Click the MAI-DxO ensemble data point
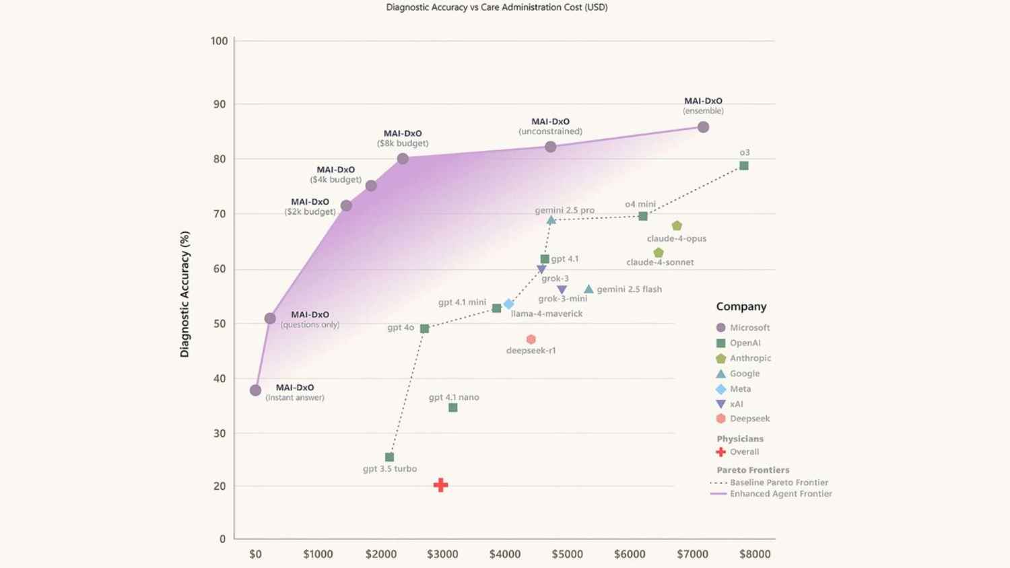[x=703, y=127]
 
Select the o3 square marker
[x=744, y=166]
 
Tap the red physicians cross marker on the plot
[x=440, y=485]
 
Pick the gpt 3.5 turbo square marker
[x=389, y=457]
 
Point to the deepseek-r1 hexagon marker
[x=531, y=339]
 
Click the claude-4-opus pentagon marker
[x=677, y=225]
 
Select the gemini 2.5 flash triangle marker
[x=588, y=289]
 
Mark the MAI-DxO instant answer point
[x=255, y=390]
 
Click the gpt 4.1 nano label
[x=454, y=397]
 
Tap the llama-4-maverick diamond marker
[x=509, y=304]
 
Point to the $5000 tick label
[x=567, y=554]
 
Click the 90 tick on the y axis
[x=219, y=104]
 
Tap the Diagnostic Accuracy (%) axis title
[x=184, y=294]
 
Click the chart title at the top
[x=496, y=7]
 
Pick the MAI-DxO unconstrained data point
[x=550, y=147]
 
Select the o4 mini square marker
[x=643, y=216]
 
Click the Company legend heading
[x=741, y=306]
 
